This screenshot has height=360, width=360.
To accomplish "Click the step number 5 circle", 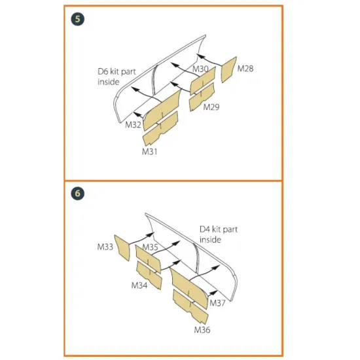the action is coord(78,19).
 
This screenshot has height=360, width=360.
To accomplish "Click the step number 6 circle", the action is coord(78,193).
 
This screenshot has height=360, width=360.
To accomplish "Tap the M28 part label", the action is coord(245,69).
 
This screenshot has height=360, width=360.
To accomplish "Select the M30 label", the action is coord(200,69).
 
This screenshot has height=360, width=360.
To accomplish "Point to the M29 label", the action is coord(211,107).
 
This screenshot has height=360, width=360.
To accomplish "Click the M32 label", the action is coord(133,124).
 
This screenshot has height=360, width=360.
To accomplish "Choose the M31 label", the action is coord(150,152).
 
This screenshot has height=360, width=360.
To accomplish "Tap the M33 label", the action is coord(105,247).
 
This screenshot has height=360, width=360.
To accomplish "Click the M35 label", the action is coord(150,247).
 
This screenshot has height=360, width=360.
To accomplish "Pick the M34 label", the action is coord(139,285).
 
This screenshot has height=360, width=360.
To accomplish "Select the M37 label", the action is coord(217,303).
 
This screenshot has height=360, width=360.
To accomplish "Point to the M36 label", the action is coord(202,330).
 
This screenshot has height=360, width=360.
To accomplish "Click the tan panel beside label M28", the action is coord(228,69).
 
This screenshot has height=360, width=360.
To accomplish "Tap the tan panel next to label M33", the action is coord(122,247).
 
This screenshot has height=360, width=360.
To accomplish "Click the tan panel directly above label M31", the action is coord(160,129).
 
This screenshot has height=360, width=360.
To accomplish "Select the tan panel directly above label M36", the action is coord(190,307).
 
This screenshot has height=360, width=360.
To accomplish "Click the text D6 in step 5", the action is coord(103,71).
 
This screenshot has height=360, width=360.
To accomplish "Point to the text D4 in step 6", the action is coord(205,229).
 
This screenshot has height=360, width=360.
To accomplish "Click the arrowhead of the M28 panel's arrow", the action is coord(200,56).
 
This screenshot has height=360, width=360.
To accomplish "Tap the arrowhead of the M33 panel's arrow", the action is coord(151,234).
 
